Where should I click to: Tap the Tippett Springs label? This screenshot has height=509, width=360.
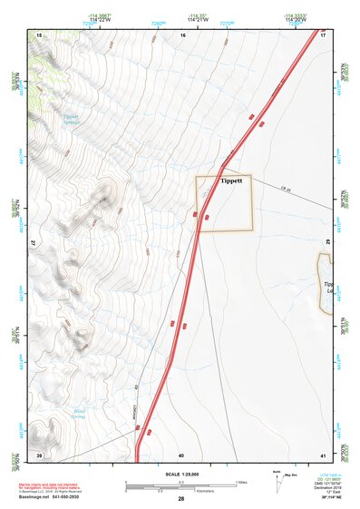(73, 120)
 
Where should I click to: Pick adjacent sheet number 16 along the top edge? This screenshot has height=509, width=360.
(182, 34)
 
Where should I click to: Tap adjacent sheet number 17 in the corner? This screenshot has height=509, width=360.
(323, 34)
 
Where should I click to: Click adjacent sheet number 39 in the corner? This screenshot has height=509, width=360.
(39, 454)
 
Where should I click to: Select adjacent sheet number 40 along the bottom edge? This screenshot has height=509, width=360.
(181, 455)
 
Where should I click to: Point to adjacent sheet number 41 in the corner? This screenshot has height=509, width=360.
(323, 454)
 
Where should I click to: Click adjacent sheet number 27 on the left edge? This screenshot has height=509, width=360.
(34, 244)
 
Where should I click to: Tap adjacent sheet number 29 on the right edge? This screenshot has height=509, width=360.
(327, 244)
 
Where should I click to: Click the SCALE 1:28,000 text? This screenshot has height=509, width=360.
(180, 474)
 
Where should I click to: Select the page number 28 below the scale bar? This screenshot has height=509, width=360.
(181, 499)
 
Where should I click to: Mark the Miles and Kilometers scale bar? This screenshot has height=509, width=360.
(180, 485)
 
